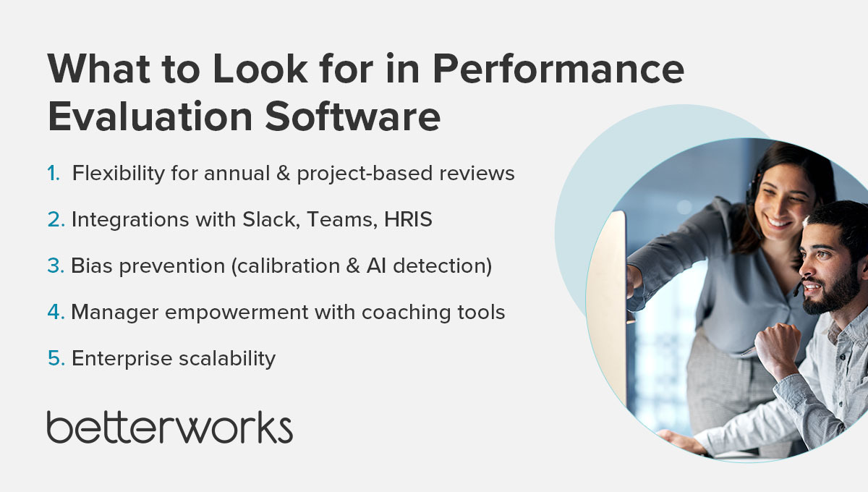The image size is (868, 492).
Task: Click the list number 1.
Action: pos(54,174)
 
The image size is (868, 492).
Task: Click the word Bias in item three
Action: pos(91,266)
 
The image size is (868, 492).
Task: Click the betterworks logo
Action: pos(169,427)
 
